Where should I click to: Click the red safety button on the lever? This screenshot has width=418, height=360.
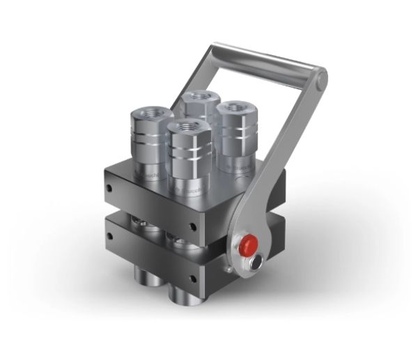click(x=247, y=245)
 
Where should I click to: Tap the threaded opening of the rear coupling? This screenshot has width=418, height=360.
click(x=201, y=96)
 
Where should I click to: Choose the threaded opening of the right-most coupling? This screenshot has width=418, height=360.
click(x=234, y=109)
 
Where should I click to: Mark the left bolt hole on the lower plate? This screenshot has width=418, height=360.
click(x=109, y=236)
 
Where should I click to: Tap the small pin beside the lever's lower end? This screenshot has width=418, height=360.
click(x=226, y=267)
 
